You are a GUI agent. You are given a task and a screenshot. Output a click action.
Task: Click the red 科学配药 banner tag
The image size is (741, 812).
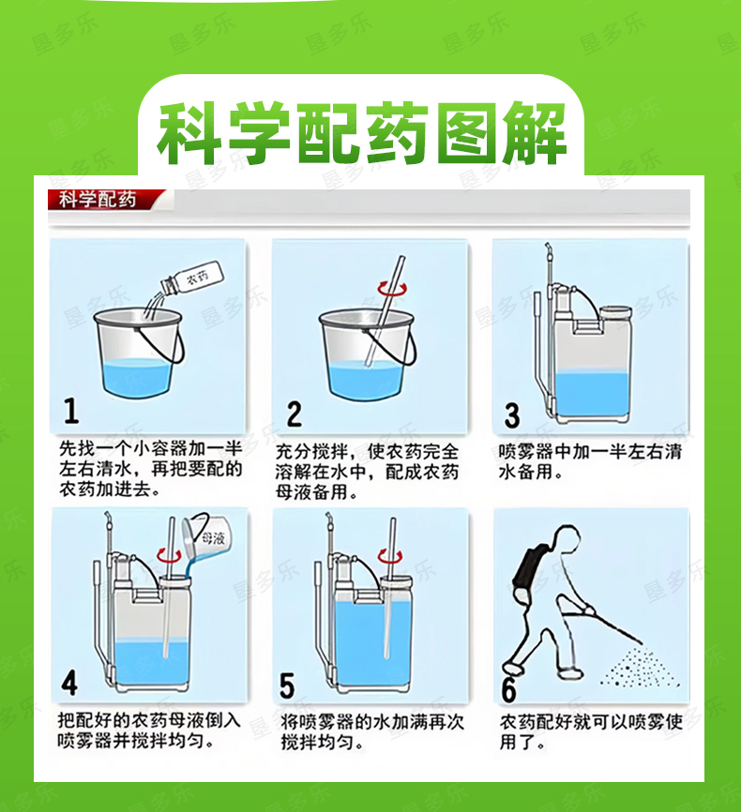coord(106,200)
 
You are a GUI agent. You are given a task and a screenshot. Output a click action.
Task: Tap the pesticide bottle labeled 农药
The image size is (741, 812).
coord(192,279)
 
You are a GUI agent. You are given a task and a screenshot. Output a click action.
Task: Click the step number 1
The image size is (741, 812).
coord(71,412)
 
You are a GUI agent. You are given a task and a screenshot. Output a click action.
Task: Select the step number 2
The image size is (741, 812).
coord(295,414)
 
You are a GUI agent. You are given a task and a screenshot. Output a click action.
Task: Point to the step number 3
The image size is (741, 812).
coord(512,415)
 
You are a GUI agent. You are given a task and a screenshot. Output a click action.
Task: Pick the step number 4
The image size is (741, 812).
coord(69,683)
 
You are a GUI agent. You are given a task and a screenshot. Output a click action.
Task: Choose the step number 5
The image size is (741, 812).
coord(287,685)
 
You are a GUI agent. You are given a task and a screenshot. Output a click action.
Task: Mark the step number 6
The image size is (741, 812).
coord(509,689)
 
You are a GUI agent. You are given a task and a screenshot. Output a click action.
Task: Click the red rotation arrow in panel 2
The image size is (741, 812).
coord(392,289)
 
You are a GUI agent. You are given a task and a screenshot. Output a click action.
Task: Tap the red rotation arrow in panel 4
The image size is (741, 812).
coord(169,557)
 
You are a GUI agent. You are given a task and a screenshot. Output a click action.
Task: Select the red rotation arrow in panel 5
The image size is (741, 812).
coord(389,557)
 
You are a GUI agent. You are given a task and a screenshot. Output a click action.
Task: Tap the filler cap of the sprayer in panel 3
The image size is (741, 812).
coord(615,313)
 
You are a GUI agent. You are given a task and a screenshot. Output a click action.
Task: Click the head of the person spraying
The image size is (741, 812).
coord(566,539)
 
